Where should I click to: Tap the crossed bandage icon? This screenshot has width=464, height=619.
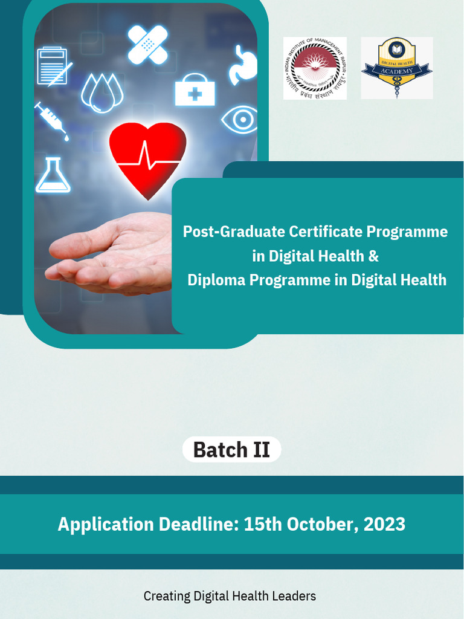147,44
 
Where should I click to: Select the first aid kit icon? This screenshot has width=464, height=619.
195,91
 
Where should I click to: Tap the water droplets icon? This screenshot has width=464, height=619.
102,93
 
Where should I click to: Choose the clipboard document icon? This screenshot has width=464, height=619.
53,66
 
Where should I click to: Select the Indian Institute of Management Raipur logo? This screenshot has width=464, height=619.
315,68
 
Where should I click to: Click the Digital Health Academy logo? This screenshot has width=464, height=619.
396,68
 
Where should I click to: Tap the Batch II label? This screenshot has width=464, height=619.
231,450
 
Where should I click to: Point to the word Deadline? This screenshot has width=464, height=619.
197,524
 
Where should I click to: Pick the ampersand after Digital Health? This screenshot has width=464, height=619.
373,256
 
